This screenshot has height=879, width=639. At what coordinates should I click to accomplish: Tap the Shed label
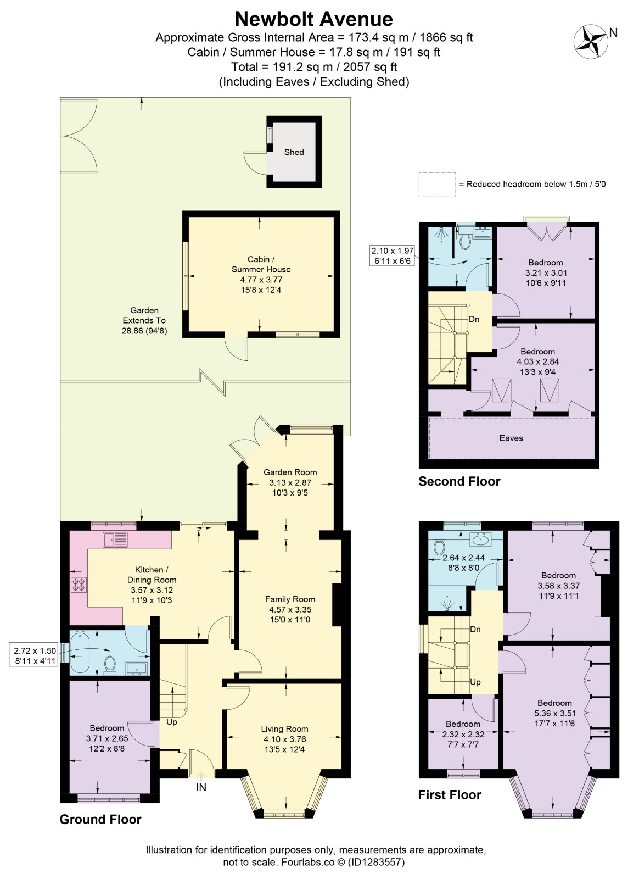294,152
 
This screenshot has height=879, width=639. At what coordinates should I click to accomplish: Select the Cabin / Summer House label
261,264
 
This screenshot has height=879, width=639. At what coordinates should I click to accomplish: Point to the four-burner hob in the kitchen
79,585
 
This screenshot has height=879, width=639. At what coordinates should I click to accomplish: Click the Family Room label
290,599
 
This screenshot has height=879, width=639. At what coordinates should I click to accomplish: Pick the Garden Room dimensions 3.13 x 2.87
290,482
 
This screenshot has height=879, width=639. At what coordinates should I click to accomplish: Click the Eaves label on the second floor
511,438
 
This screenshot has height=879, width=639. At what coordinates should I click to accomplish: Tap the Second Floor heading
459,481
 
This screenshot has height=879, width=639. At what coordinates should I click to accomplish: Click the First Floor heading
450,794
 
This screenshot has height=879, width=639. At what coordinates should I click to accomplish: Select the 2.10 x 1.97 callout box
393,255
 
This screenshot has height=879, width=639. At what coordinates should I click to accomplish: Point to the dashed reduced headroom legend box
437,185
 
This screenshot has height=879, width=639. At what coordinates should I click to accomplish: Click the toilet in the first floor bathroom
439,547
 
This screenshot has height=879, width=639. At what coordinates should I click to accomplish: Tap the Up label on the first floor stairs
475,682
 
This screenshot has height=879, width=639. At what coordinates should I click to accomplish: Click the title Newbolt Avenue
314,19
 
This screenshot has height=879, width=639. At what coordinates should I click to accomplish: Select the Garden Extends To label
144,320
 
